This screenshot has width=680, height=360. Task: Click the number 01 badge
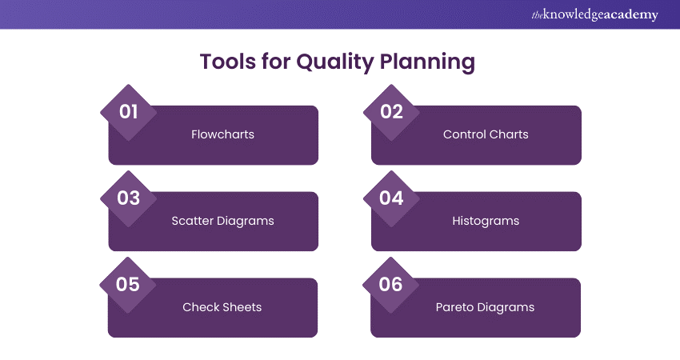point(128,112)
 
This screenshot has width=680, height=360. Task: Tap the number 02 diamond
point(391,112)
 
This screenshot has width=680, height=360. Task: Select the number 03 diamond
point(128,198)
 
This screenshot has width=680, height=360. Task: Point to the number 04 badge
point(391,198)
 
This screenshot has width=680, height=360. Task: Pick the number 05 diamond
point(128,285)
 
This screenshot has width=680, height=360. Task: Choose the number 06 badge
point(390,285)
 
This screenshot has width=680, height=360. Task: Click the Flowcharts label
point(222,134)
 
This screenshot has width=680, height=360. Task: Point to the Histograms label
point(486,221)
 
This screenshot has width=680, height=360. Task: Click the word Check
point(198,307)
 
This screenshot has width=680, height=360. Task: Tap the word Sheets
point(240,307)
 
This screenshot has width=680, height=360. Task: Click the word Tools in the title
point(228,62)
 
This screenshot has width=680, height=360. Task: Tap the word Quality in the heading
point(334,62)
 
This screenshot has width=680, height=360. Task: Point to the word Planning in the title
point(428,62)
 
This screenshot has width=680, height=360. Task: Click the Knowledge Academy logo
point(594,14)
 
